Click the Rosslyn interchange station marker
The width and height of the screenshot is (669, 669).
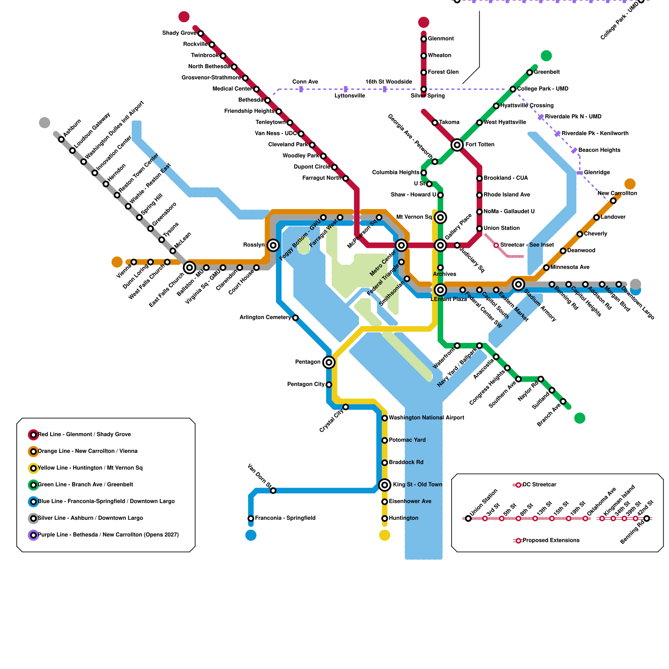tap(273, 245)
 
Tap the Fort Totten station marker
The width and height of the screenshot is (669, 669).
tap(457, 145)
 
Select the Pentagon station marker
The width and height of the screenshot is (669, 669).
tap(329, 362)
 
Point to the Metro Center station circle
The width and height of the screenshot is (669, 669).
tap(401, 245)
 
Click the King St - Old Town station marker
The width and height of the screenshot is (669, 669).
tap(385, 485)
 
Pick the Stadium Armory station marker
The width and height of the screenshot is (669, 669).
tap(518, 284)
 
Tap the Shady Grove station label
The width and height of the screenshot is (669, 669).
tap(179, 33)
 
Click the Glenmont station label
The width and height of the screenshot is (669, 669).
tap(441, 39)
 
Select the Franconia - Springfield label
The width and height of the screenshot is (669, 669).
tap(285, 518)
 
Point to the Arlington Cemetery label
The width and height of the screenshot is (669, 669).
tap(265, 317)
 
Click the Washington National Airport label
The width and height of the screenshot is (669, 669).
tap(426, 418)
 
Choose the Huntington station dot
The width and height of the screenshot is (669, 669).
tap(385, 518)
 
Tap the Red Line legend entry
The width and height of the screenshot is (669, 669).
tap(84, 434)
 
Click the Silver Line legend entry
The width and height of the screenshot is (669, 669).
tap(90, 518)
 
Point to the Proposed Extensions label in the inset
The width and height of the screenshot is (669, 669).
tap(551, 541)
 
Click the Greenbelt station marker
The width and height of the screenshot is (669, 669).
tap(530, 72)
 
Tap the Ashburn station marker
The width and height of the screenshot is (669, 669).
tap(61, 139)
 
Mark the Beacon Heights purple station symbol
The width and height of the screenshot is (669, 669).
tap(575, 150)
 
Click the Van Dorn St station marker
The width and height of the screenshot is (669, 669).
tap(273, 490)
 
